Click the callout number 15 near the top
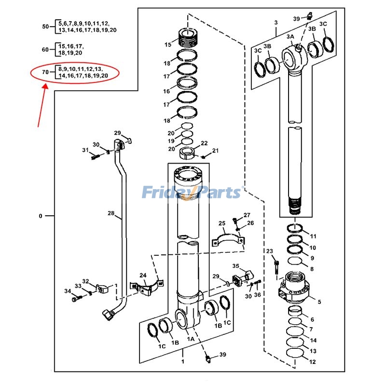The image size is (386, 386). tap(167, 45)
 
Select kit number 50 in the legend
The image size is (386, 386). tap(46, 27)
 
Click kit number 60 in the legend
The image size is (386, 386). tap(46, 49)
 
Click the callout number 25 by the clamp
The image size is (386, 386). tap(222, 223)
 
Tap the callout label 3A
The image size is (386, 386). tap(290, 37)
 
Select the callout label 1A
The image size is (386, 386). tap(190, 339)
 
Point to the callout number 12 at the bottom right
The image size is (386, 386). tap(313, 362)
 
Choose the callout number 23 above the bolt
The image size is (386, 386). tap(269, 251)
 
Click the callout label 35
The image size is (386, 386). tap(235, 266)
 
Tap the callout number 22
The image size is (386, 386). tap(204, 143)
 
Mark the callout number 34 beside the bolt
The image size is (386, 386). tap(68, 291)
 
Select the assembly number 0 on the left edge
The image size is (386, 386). tap(41, 216)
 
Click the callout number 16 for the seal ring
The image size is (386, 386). tap(166, 91)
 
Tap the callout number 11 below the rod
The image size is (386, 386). tap(313, 236)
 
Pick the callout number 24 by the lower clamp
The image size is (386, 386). tap(143, 275)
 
